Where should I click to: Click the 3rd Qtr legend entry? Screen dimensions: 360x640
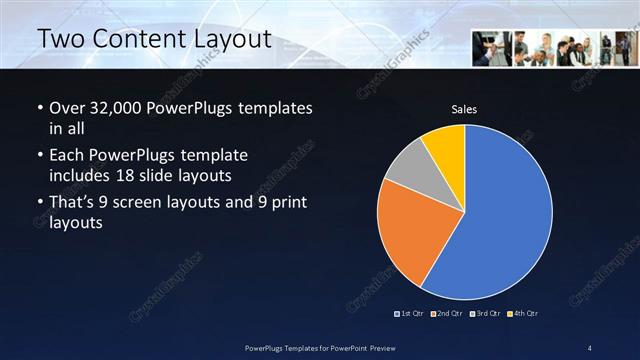pyautogui.click(x=485, y=314)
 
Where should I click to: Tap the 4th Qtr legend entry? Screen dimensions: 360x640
pyautogui.click(x=522, y=314)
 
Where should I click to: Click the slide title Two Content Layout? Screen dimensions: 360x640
pyautogui.click(x=154, y=39)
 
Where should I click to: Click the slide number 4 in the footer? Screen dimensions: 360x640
pyautogui.click(x=589, y=347)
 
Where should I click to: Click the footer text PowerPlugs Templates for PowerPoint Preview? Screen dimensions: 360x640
pyautogui.click(x=319, y=347)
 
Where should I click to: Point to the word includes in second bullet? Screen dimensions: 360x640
pyautogui.click(x=81, y=175)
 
